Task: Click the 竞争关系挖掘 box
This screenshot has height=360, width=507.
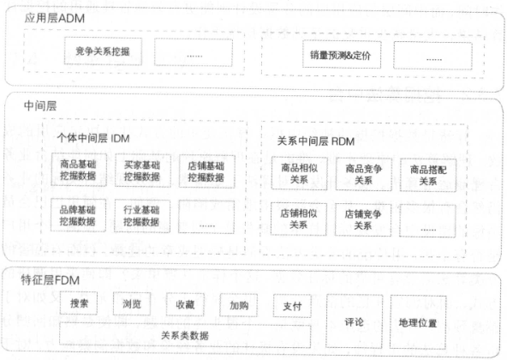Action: (103, 51)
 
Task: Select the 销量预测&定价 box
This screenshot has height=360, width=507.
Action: (342, 55)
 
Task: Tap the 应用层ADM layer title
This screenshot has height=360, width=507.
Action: (55, 18)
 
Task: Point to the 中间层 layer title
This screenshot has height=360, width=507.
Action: (40, 106)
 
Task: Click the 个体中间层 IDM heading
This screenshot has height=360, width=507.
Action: (93, 139)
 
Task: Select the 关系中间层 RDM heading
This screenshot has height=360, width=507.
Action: (316, 141)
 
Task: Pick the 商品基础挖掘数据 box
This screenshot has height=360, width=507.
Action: (79, 170)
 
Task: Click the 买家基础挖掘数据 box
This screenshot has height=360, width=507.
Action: (142, 171)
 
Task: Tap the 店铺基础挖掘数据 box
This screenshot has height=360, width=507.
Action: (206, 171)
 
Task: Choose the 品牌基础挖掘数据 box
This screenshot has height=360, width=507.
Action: (78, 215)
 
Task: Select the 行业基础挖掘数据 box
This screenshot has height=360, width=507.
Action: (142, 216)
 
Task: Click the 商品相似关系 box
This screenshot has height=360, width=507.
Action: (299, 173)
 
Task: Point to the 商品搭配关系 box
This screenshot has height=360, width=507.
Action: (428, 175)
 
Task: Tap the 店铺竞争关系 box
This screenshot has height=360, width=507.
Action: (363, 219)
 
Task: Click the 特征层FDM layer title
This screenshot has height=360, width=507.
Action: (51, 280)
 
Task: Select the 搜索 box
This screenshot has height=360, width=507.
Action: (79, 303)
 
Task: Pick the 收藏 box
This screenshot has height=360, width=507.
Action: (185, 304)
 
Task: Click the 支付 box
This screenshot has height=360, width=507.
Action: (292, 306)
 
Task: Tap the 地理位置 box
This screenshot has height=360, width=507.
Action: (418, 322)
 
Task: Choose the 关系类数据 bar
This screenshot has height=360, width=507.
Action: (185, 335)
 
